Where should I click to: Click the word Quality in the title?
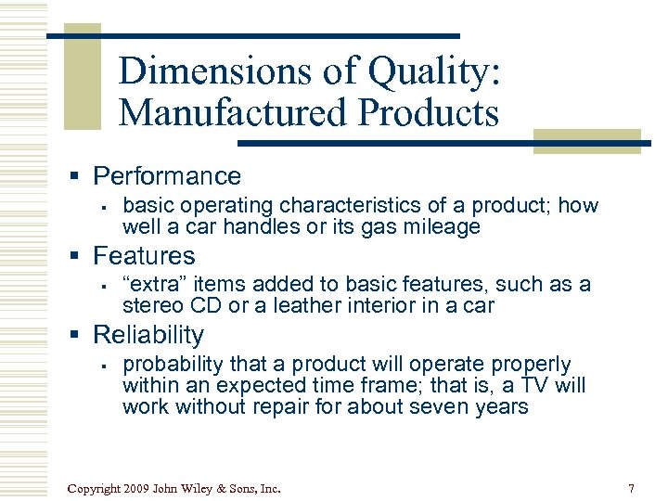click(431, 71)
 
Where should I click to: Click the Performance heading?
click(167, 176)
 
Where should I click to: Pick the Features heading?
click(144, 255)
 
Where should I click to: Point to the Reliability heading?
click(148, 335)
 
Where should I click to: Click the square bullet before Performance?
click(82, 177)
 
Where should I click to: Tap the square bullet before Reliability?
click(82, 336)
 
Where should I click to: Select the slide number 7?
click(631, 488)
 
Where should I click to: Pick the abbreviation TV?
click(534, 385)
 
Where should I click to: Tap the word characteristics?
click(346, 205)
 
